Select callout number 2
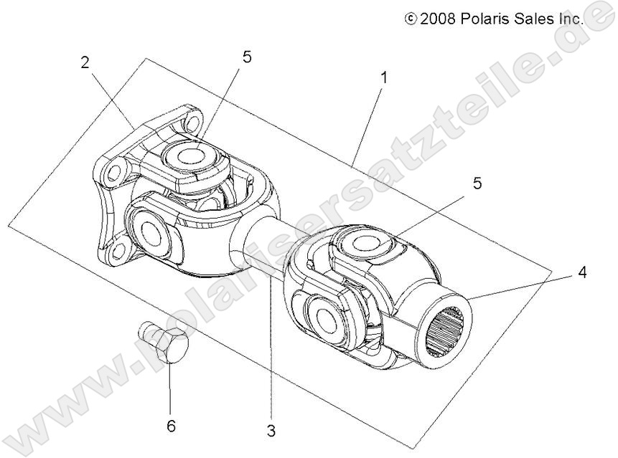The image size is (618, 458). [x=85, y=62]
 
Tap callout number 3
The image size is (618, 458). [x=271, y=431]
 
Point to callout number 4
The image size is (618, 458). [x=584, y=272]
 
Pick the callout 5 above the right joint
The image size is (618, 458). [x=477, y=183]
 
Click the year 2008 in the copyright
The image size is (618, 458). [x=439, y=19]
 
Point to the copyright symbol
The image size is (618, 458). [x=411, y=19]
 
